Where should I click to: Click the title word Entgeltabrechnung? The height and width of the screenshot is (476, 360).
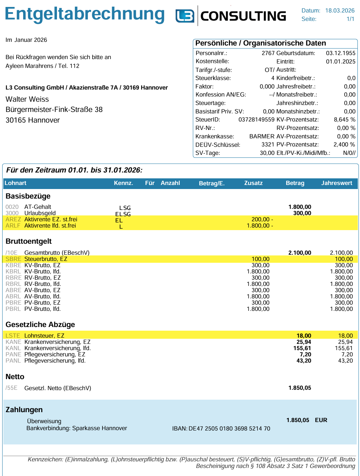coord(84,15)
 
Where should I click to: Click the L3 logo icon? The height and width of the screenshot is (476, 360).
coord(185,16)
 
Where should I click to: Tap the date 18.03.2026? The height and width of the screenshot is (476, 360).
coord(340,11)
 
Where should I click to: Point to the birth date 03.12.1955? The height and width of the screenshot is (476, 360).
coord(341,53)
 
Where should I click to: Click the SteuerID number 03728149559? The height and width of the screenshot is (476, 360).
coord(256,120)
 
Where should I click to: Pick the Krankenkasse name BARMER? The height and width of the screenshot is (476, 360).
coord(262,137)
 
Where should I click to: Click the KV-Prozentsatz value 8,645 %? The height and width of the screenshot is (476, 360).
coord(344,120)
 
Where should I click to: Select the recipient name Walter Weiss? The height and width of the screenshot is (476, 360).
coord(27,99)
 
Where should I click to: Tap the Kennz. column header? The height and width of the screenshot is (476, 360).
coord(123,183)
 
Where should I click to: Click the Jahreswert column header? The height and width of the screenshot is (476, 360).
coord(336,183)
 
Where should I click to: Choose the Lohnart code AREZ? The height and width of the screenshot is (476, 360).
coord(13,219)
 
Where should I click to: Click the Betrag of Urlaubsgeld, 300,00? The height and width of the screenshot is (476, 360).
coord(302,213)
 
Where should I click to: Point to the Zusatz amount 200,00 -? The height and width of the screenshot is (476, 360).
coord(262,219)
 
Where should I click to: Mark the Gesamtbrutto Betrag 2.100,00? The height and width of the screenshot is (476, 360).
coord(299,253)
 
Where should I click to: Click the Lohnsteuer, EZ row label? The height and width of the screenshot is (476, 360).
coord(44,336)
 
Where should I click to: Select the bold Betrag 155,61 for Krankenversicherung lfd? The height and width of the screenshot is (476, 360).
coord(302,348)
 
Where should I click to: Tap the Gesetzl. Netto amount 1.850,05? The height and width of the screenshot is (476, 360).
coord(299,388)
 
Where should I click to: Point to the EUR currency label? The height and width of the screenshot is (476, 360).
coord(321,420)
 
